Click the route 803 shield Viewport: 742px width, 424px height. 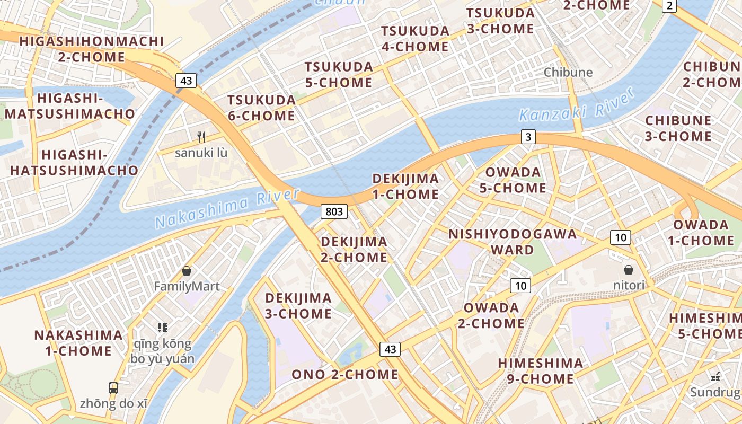[x=334, y=212]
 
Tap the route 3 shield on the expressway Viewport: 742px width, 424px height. [x=527, y=137]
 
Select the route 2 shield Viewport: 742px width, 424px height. [x=670, y=6]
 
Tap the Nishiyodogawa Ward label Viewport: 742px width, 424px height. [x=513, y=242]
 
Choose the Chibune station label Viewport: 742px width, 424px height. [x=568, y=72]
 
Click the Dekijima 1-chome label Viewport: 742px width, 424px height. [x=405, y=186]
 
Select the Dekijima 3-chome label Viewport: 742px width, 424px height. [x=298, y=306]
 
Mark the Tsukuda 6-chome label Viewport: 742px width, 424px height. [x=261, y=108]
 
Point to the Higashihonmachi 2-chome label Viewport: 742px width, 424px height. [x=92, y=49]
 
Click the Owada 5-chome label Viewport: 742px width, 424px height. [x=513, y=180]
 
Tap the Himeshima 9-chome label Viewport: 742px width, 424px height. [x=541, y=370]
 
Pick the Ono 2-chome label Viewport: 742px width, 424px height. [x=345, y=374]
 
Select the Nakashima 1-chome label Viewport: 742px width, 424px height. [x=78, y=343]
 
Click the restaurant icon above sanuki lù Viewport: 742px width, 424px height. [x=201, y=137]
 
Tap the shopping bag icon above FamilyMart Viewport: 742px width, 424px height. [x=187, y=271]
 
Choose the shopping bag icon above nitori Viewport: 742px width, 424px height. [x=629, y=270]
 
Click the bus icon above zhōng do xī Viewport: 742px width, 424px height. [x=113, y=387]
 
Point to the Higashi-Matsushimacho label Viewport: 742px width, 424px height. [x=70, y=106]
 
